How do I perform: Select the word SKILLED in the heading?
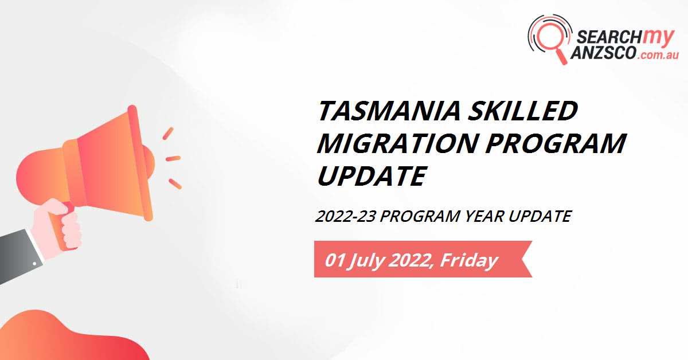coord(523,111)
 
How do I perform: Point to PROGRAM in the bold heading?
coord(555,143)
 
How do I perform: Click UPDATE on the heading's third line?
coord(371,175)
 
